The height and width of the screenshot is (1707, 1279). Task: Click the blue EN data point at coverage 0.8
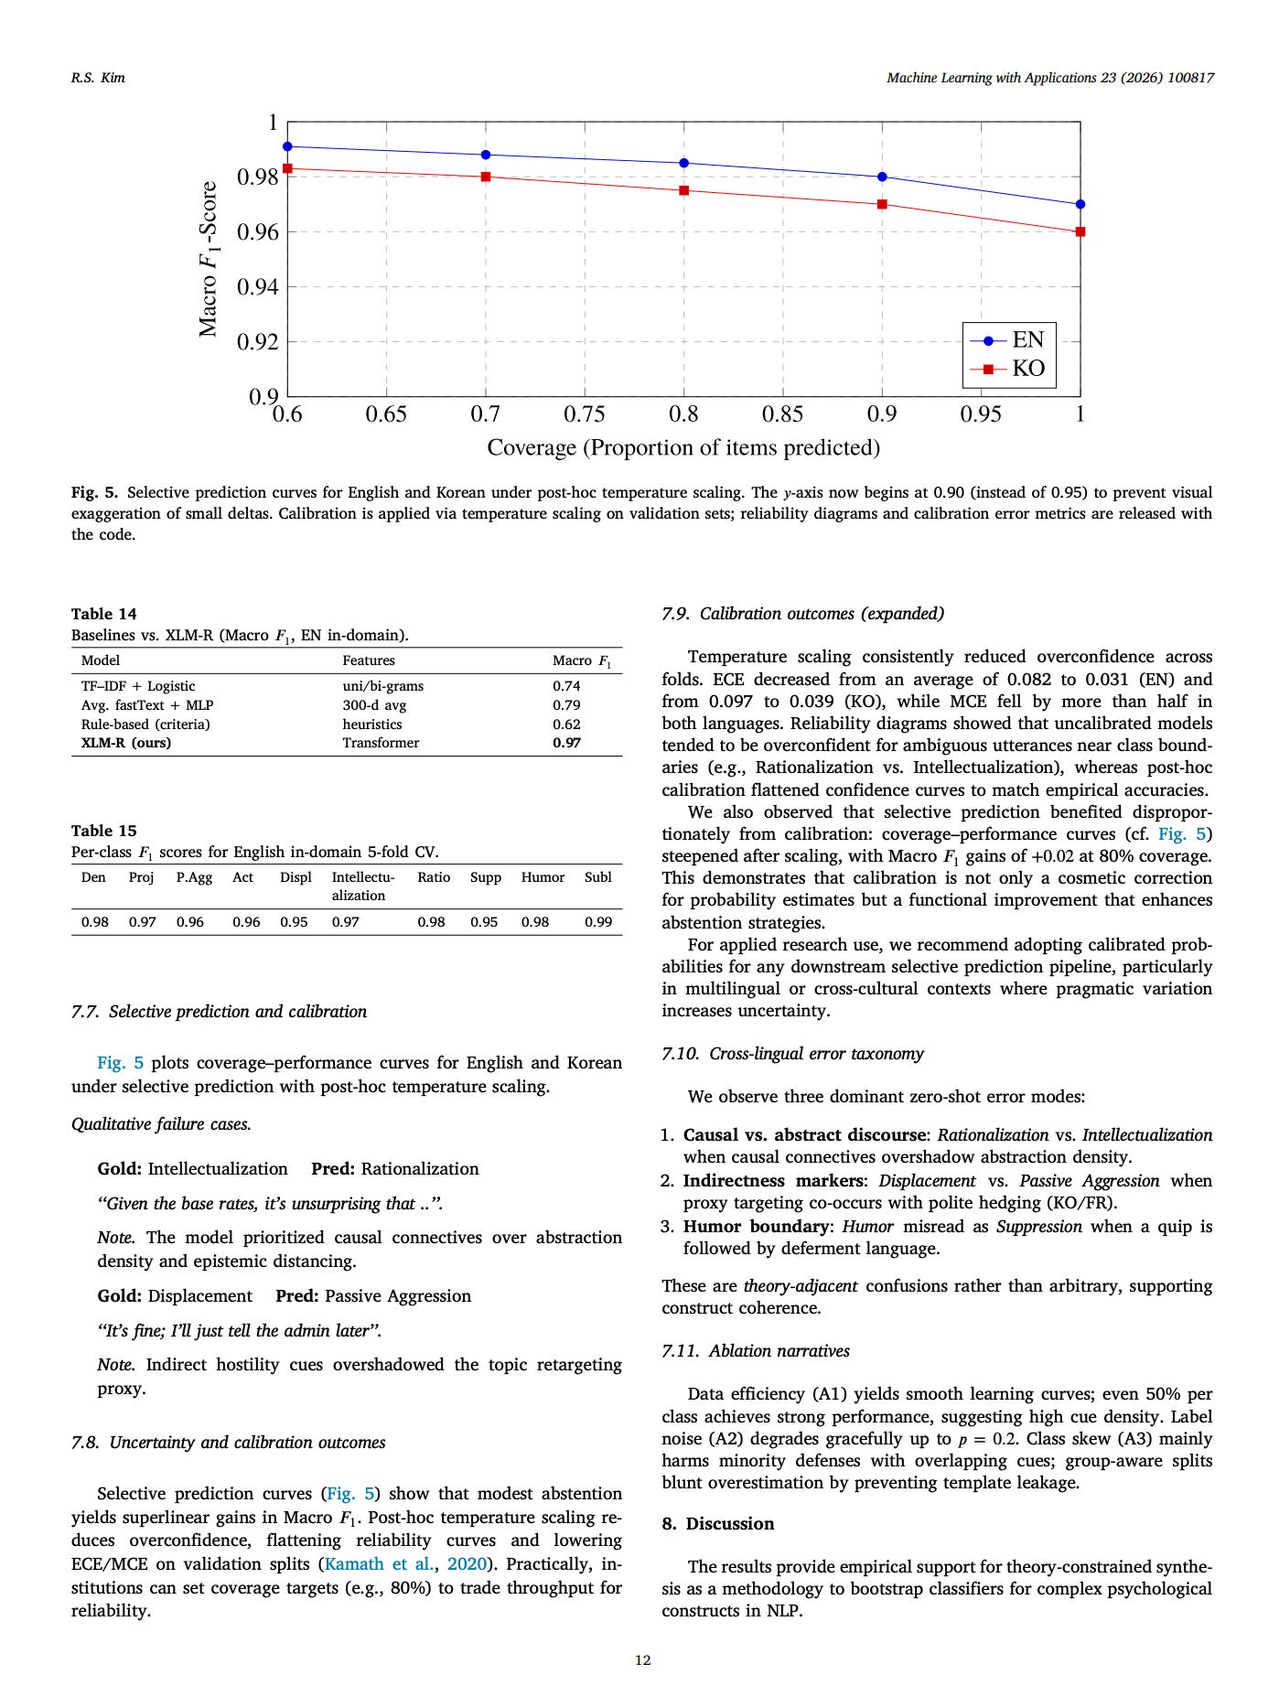click(683, 163)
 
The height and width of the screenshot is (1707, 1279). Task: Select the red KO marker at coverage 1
click(1080, 231)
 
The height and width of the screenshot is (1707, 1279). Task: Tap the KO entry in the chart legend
click(1027, 369)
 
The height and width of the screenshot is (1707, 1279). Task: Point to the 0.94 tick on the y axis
click(258, 287)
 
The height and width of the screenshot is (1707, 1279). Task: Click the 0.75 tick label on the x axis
click(584, 414)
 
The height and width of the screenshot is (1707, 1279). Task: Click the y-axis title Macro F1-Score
click(209, 259)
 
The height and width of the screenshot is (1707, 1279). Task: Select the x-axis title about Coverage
click(682, 447)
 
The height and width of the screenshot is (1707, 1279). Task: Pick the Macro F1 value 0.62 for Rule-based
click(566, 724)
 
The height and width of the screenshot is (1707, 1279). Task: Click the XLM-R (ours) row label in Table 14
click(126, 743)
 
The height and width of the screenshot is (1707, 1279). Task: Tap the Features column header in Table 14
click(369, 660)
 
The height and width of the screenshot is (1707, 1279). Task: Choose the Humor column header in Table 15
click(543, 877)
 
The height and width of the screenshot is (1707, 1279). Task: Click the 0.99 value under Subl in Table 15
click(598, 922)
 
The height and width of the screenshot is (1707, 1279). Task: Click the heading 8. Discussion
click(718, 1523)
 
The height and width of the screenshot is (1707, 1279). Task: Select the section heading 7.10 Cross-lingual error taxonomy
click(792, 1054)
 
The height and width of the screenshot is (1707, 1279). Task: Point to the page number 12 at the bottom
click(642, 1660)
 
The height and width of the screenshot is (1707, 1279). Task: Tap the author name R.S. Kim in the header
click(98, 78)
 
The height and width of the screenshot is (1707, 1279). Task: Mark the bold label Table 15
click(104, 831)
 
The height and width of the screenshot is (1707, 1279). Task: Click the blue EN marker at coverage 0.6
click(287, 146)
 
